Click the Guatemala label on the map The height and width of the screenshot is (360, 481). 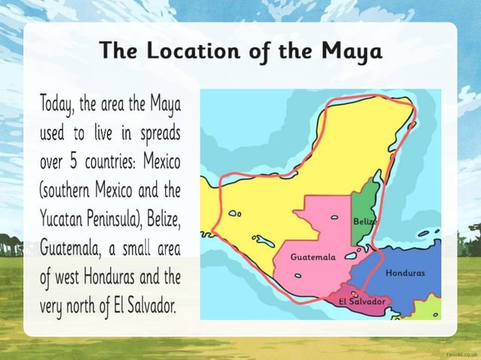[x=313, y=257]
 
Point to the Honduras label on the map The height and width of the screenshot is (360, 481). [x=405, y=272]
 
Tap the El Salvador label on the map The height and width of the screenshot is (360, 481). [x=362, y=301]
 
